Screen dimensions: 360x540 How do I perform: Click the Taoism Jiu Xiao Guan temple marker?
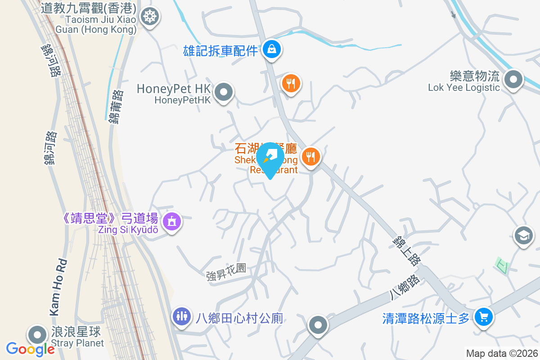(x=148, y=17)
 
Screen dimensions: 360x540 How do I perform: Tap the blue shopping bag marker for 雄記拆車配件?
(x=272, y=49)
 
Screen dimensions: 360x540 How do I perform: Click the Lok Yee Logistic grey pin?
(x=513, y=81)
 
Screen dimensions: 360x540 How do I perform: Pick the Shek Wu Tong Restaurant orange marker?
(x=310, y=157)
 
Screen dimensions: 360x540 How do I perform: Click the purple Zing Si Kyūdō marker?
(x=171, y=221)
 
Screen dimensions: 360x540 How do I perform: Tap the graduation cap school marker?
(x=523, y=235)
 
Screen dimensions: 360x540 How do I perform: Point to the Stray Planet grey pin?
(x=37, y=335)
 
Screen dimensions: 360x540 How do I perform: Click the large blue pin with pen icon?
(x=270, y=157)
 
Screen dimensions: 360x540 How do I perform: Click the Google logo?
(x=30, y=349)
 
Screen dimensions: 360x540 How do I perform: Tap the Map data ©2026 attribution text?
(x=501, y=354)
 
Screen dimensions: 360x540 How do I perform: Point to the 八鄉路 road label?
(x=405, y=287)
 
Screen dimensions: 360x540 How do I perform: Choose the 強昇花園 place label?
(x=226, y=269)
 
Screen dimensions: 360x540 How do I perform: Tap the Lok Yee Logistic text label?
(x=464, y=88)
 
